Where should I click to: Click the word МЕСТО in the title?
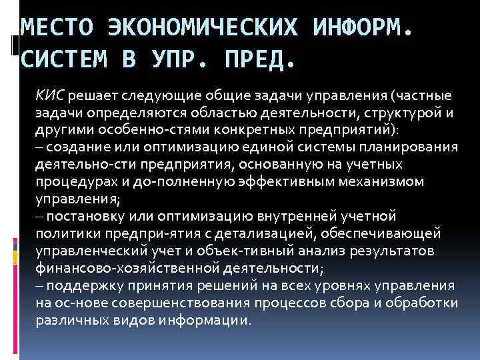pyautogui.click(x=57, y=27)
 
